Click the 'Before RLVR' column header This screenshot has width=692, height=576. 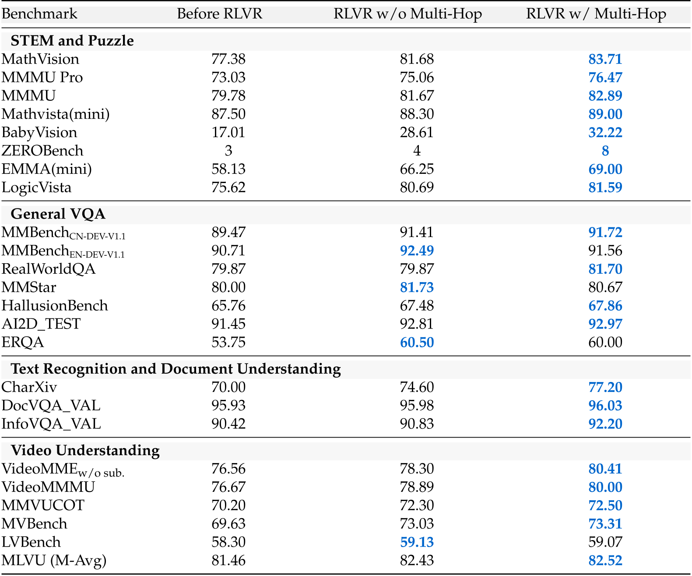click(x=219, y=14)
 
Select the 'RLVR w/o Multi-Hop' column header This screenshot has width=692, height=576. click(x=407, y=14)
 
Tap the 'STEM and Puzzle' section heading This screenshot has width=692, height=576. click(x=72, y=41)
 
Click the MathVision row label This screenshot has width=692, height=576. click(x=40, y=59)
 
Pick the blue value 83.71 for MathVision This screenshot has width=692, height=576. click(x=605, y=59)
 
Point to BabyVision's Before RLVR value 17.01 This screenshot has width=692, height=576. click(x=228, y=132)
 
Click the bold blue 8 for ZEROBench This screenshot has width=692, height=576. click(x=605, y=151)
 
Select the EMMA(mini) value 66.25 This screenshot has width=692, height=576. click(x=417, y=169)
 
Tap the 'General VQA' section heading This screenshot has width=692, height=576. click(x=58, y=214)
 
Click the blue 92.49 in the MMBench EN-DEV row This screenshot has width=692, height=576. click(x=417, y=251)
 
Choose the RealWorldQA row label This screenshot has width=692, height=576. click(x=48, y=269)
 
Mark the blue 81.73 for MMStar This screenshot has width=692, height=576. click(x=417, y=287)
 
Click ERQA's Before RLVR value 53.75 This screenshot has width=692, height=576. click(x=228, y=342)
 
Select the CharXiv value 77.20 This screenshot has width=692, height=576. click(x=605, y=387)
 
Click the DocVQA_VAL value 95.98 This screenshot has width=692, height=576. click(x=417, y=406)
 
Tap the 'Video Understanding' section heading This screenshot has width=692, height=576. click(x=85, y=450)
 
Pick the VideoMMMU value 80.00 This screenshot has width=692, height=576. click(x=605, y=487)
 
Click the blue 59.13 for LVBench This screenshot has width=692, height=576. click(x=417, y=542)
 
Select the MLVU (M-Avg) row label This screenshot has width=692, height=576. click(x=54, y=561)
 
